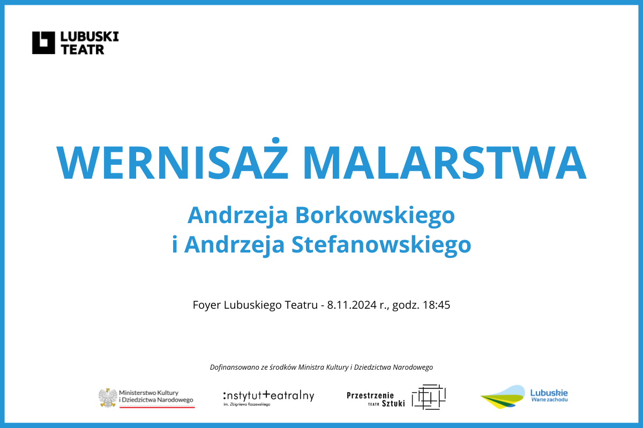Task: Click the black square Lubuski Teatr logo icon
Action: pyautogui.click(x=43, y=43)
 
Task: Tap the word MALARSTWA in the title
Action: pyautogui.click(x=445, y=163)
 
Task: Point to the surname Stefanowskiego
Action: pyautogui.click(x=381, y=246)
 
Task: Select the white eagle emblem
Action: pyautogui.click(x=108, y=398)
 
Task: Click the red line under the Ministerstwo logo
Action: pyautogui.click(x=157, y=407)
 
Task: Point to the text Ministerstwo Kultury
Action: pyautogui.click(x=149, y=393)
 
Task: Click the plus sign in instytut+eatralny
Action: pyautogui.click(x=266, y=394)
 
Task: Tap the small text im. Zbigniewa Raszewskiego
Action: pyautogui.click(x=247, y=404)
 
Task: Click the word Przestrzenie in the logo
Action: pyautogui.click(x=370, y=395)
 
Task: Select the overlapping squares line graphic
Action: pyautogui.click(x=429, y=397)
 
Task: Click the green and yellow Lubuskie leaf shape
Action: pyautogui.click(x=503, y=397)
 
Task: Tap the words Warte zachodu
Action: pyautogui.click(x=549, y=400)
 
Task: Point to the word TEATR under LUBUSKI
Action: pyautogui.click(x=83, y=50)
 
